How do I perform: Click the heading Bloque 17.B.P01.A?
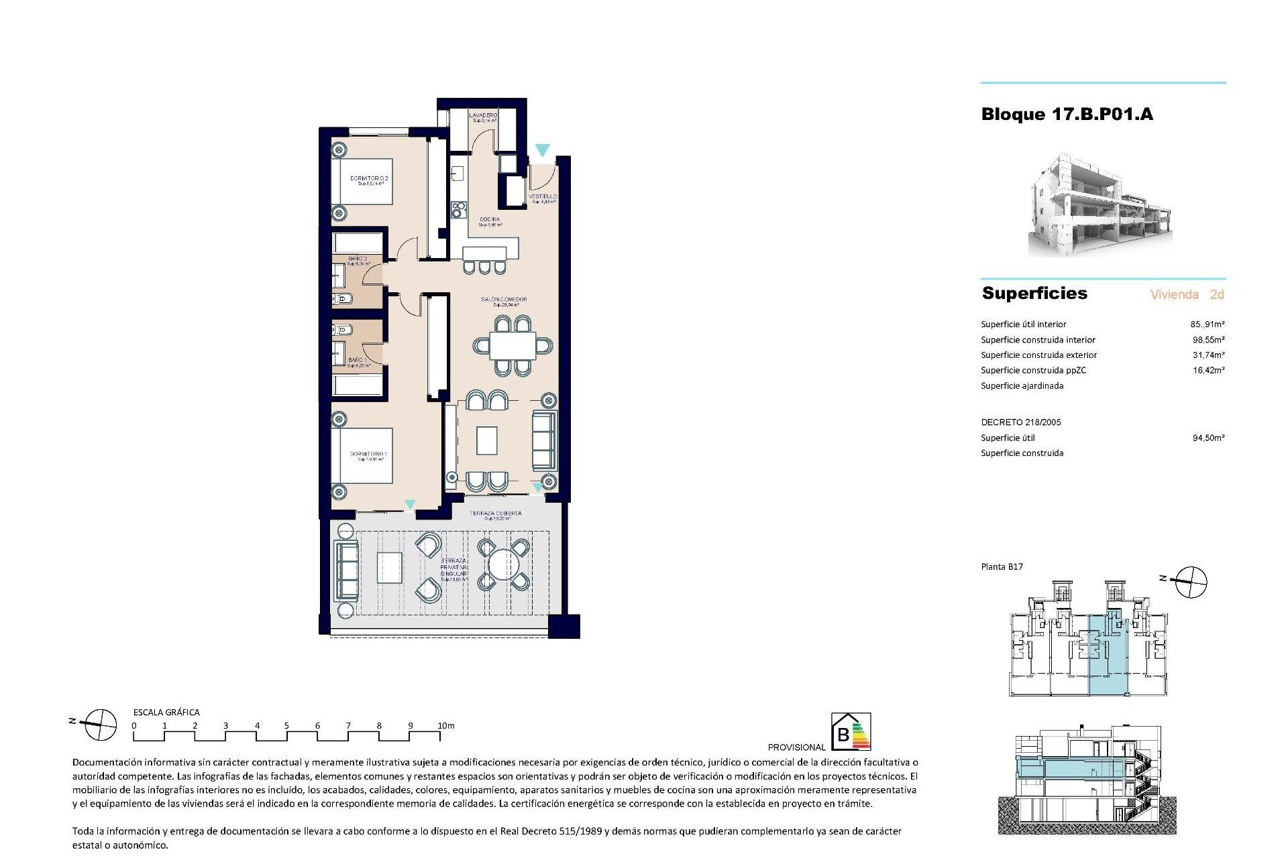(1067, 115)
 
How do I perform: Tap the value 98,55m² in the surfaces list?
(1208, 340)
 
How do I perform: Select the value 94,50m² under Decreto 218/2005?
(1208, 438)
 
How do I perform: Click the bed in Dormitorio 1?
(362, 456)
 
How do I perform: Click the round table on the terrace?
(503, 565)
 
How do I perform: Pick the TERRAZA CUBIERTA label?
(496, 514)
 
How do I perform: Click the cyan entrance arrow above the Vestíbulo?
(542, 151)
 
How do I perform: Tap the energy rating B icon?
(851, 732)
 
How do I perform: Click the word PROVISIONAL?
(796, 747)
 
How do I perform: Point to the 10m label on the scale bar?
(446, 726)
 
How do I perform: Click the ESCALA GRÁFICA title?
(166, 713)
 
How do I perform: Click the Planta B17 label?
(1002, 567)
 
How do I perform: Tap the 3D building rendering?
(1100, 206)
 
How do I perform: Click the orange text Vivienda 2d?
(1187, 294)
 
